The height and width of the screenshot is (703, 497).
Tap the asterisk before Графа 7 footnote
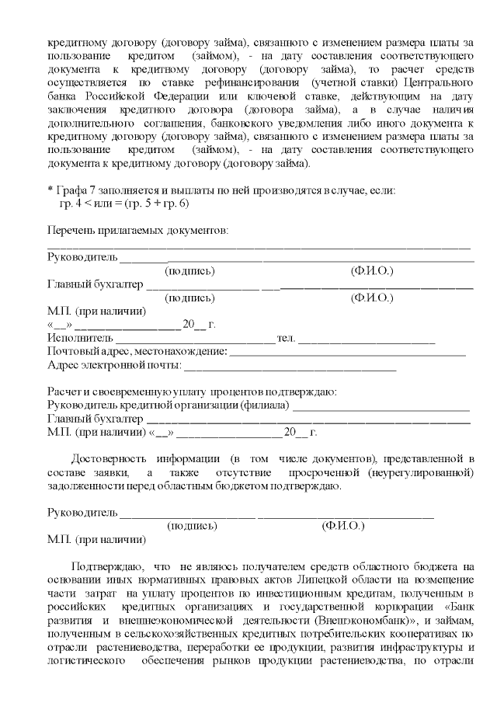click(50, 190)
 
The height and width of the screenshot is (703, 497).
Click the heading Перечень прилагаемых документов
click(138, 231)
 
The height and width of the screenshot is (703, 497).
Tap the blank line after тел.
click(367, 339)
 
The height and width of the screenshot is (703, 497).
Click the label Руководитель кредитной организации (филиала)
click(169, 405)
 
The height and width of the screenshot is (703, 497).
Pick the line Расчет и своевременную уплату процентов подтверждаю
click(192, 392)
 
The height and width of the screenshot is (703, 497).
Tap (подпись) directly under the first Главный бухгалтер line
click(189, 298)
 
